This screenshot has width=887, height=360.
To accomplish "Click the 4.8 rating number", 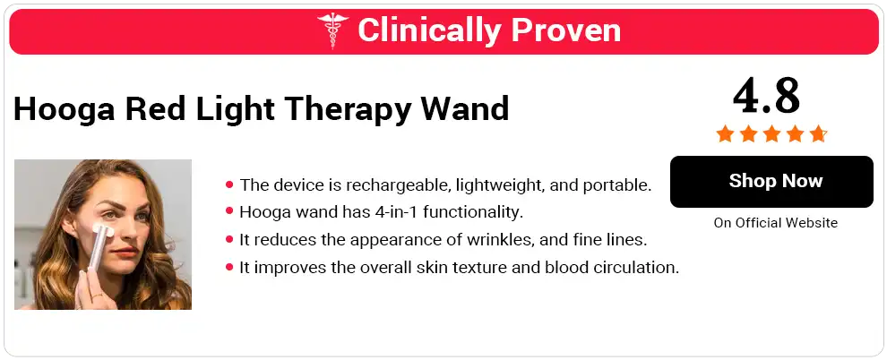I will pos(766,95).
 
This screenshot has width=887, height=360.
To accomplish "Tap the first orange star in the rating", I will pos(724,134).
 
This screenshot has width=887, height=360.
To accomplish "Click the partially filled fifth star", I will pos(817,134).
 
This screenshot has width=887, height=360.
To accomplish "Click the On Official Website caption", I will pos(776,223).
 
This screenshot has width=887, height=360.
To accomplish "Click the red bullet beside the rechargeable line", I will pos(229,185).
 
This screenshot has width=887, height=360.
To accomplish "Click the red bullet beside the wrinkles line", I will pos(229,240).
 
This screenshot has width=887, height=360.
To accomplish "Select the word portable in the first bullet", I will pos(619,185).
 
